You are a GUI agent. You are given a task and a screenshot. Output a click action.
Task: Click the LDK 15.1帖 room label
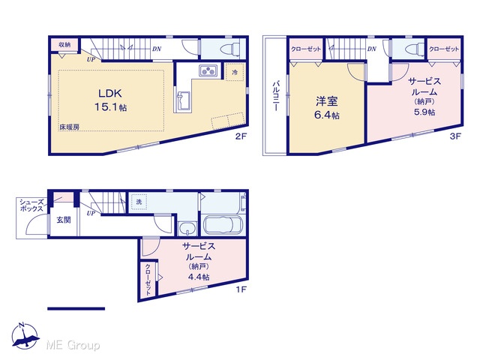[x=110, y=100]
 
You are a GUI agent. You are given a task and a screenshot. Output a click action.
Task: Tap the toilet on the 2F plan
[x=230, y=49]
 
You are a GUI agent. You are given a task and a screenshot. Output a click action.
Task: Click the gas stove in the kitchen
[x=208, y=70]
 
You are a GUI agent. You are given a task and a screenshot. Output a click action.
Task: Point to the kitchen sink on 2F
[x=183, y=100]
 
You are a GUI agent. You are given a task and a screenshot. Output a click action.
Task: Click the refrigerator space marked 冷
[x=235, y=72]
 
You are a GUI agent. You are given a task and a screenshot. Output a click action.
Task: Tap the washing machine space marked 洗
[x=139, y=202]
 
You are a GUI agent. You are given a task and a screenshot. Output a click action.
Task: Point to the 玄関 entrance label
[x=64, y=220]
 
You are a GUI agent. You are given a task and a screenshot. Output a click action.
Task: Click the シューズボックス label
[x=31, y=205]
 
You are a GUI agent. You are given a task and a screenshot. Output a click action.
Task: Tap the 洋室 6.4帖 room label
[x=327, y=108]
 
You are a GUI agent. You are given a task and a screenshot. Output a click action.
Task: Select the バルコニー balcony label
[x=276, y=95]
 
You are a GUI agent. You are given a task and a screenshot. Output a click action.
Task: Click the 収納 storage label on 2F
[x=64, y=45]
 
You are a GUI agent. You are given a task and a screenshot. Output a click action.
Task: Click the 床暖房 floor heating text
[x=69, y=127]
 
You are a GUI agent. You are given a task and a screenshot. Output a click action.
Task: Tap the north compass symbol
[x=25, y=336]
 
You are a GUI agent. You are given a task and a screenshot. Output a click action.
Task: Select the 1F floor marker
[x=241, y=289]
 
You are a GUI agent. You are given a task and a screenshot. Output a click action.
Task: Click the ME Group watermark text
[x=73, y=346]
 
